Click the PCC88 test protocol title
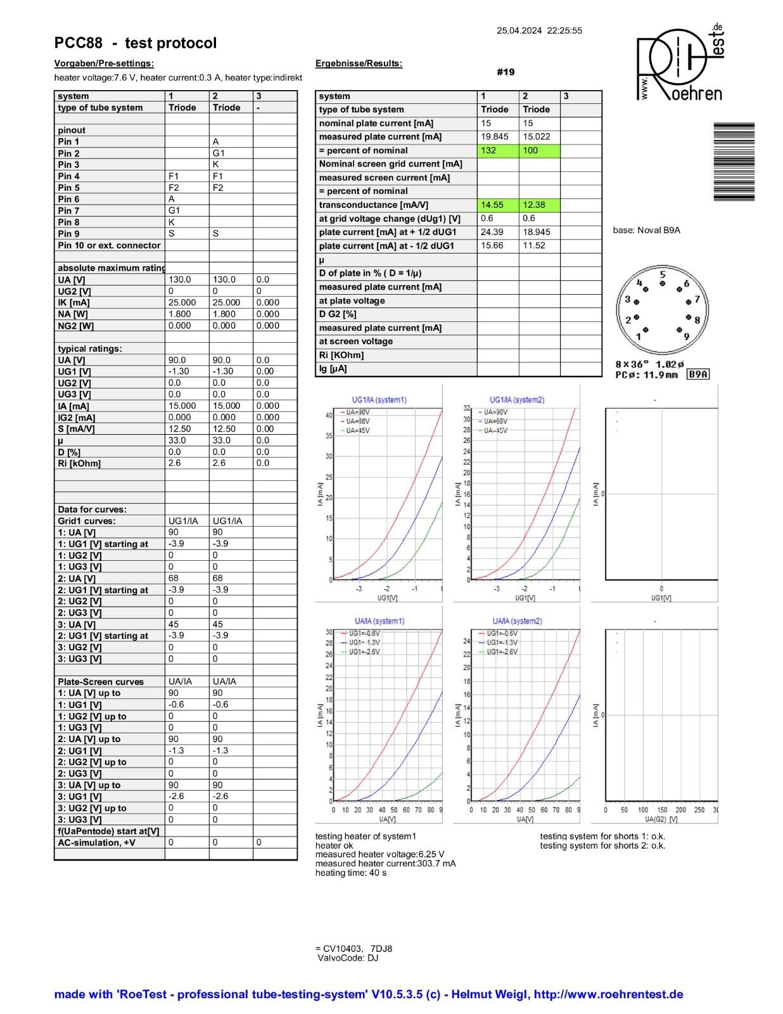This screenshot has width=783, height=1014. point(136,43)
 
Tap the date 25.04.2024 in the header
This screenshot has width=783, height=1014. point(519,30)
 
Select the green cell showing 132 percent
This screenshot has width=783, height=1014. point(497,150)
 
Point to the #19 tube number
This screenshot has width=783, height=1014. point(506,72)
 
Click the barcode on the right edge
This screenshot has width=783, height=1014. point(734,162)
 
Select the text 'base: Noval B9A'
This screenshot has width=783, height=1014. point(646,230)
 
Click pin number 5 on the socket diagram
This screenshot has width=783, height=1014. point(663,275)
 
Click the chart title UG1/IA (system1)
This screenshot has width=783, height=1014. point(379,400)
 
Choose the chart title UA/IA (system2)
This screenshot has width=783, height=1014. point(517,621)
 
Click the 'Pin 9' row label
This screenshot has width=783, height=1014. point(69,234)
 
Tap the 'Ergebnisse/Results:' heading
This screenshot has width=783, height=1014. point(359,63)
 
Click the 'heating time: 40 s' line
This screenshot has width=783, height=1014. point(350,873)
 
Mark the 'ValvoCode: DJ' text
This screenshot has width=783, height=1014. point(348,958)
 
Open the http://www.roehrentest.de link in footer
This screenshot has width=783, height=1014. point(608,994)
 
